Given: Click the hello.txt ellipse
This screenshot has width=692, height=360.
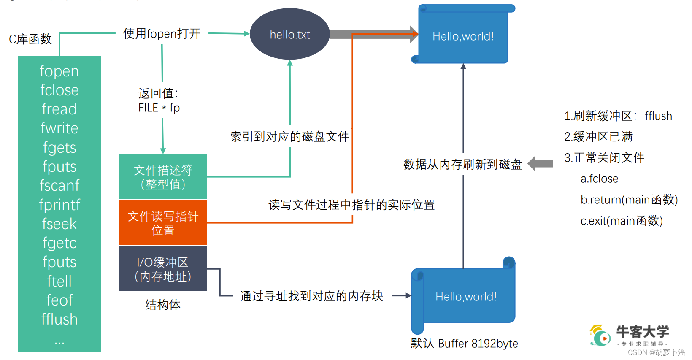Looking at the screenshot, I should click(289, 34).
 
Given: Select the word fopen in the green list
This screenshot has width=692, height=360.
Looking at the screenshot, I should click(59, 71).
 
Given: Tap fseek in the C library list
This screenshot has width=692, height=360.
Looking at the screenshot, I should click(59, 224).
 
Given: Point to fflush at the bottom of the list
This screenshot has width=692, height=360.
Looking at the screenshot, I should click(59, 319).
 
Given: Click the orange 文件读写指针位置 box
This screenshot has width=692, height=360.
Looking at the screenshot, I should click(163, 223).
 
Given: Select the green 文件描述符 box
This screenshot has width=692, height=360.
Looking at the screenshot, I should click(163, 177).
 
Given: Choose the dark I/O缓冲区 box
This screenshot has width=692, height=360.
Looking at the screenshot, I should click(163, 269).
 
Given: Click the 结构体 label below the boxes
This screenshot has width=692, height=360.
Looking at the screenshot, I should click(163, 304).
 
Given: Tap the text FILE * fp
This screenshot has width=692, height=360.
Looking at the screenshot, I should click(159, 108).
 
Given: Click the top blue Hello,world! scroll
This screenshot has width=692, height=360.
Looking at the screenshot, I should click(463, 36).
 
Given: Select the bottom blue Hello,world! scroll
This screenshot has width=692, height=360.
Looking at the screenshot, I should click(465, 297).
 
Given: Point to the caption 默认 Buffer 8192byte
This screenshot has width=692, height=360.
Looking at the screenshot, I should click(464, 343).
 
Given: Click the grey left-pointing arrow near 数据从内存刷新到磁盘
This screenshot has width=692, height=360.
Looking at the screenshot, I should click(541, 163).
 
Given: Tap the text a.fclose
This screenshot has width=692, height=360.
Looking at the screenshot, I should click(599, 179).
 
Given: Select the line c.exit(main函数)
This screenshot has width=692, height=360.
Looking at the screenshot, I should click(621, 221).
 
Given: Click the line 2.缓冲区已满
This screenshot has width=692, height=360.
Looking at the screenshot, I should click(598, 136).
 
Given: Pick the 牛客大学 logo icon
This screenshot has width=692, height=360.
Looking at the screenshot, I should click(600, 335).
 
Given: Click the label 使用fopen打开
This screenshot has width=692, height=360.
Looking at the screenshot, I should click(162, 34).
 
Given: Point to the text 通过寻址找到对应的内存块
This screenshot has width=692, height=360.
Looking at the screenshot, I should click(311, 296).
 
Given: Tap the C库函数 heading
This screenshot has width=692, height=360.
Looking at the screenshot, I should click(30, 39).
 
